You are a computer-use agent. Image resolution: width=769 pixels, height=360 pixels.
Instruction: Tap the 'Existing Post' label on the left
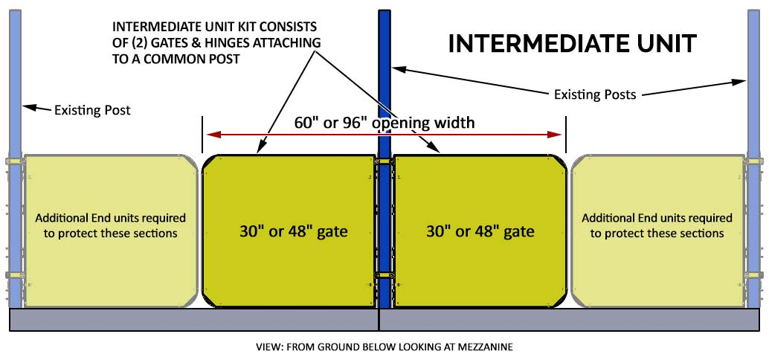[x=92, y=110]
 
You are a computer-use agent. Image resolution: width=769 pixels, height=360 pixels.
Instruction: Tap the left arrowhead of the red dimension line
[x=211, y=135]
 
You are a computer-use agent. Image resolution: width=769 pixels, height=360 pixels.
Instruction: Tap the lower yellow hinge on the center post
[x=384, y=274]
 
